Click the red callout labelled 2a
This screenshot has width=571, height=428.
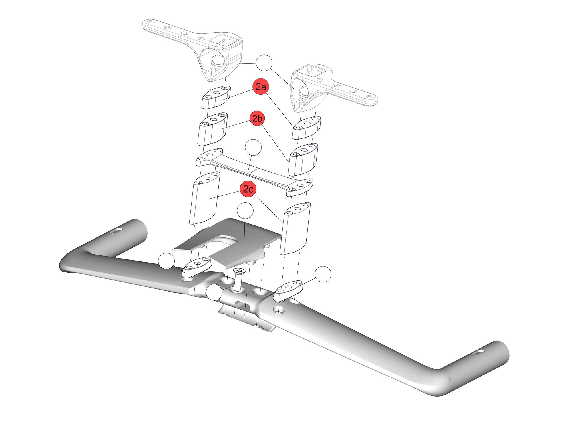coord(260,86)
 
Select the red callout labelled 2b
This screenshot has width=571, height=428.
coord(258,118)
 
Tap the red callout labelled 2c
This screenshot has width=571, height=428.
coord(248,189)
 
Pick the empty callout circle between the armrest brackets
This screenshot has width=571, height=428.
coord(264,63)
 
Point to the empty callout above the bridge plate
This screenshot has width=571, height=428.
coord(253,148)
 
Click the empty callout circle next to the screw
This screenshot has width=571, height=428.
coord(214,292)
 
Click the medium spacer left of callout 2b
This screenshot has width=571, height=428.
coord(212,129)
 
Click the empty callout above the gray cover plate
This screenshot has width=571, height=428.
coord(245,211)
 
